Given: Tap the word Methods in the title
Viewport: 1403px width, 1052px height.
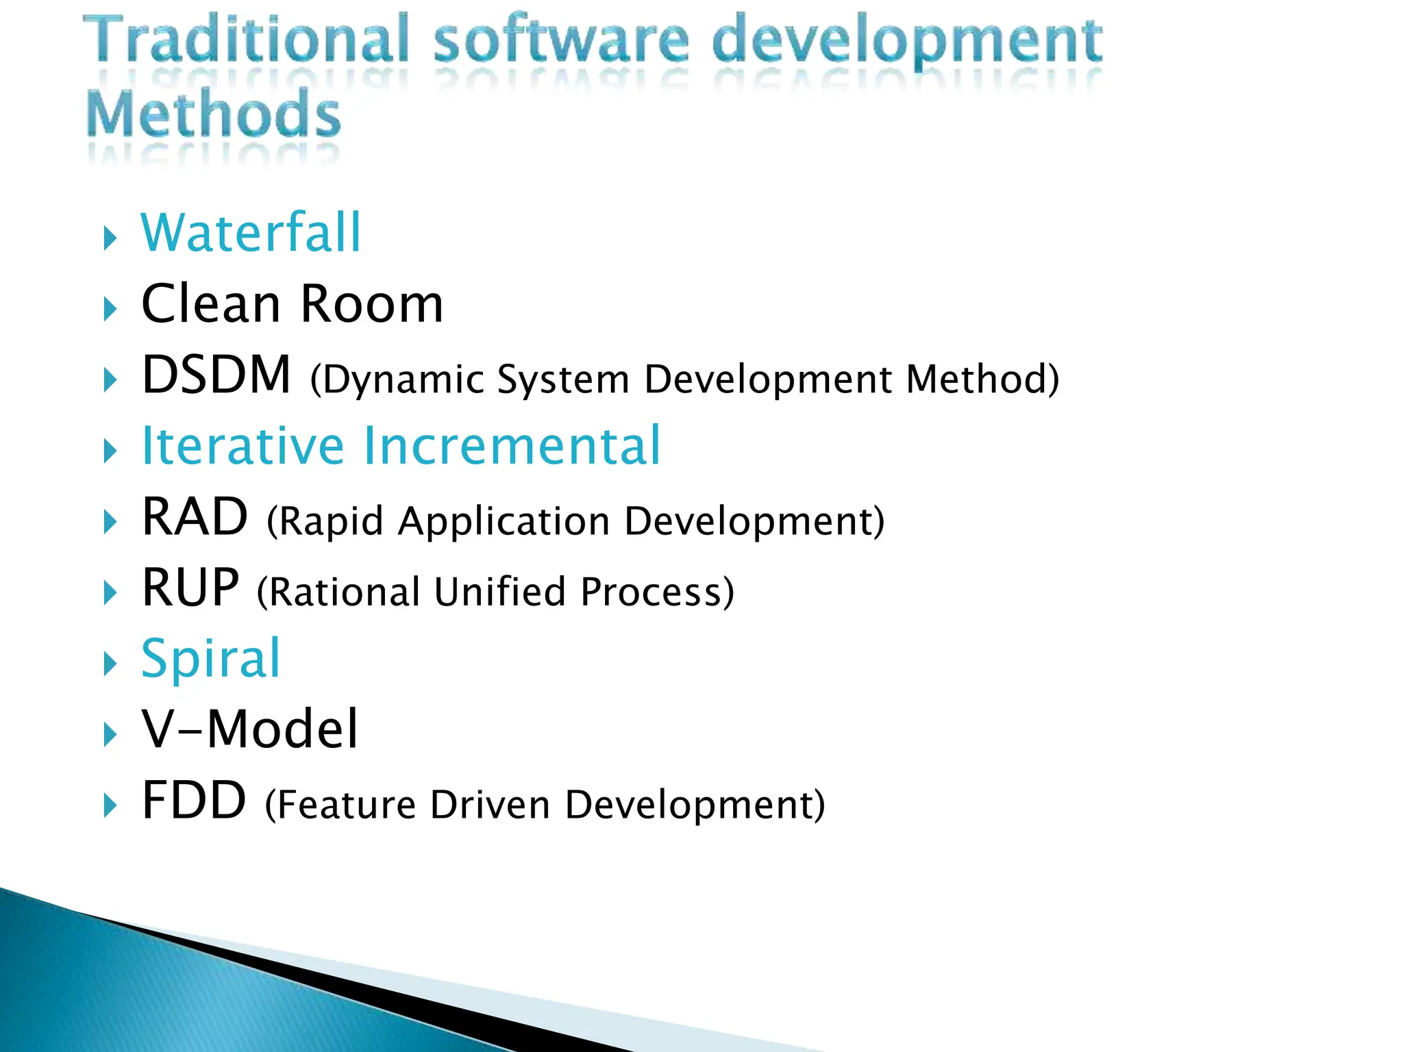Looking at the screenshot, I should [x=213, y=114].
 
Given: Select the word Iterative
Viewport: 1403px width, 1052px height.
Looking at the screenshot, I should [x=243, y=446].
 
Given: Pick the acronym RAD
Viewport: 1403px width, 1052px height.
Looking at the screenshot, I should [x=195, y=517].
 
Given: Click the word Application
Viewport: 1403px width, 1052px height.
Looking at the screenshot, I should [x=504, y=521].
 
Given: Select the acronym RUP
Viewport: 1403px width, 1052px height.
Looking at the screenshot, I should [x=190, y=588].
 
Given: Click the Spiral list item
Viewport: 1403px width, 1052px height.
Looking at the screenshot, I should [x=211, y=658].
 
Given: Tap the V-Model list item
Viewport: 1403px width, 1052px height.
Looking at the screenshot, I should [x=250, y=729].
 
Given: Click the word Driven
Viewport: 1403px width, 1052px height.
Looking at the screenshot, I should [x=490, y=805].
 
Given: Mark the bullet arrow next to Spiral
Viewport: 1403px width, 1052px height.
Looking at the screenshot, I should [x=110, y=663].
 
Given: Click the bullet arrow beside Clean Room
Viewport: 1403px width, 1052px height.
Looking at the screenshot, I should [x=110, y=309].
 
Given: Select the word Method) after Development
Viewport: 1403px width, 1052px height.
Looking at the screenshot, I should [x=982, y=379].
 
